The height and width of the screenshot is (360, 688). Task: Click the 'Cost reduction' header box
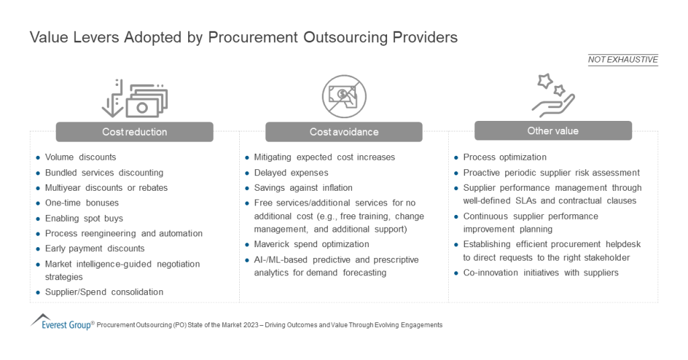pyautogui.click(x=134, y=132)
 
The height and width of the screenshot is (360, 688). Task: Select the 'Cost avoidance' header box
pyautogui.click(x=343, y=132)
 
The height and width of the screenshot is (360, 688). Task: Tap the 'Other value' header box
pyautogui.click(x=552, y=130)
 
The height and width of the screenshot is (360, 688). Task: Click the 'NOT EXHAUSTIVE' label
pyautogui.click(x=623, y=60)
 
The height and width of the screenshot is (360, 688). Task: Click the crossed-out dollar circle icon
pyautogui.click(x=343, y=96)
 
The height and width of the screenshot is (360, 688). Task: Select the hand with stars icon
pyautogui.click(x=552, y=95)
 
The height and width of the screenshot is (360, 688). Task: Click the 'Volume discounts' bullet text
pyautogui.click(x=81, y=157)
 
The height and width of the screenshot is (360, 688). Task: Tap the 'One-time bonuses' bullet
pyautogui.click(x=82, y=203)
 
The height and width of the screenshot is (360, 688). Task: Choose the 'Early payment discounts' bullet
pyautogui.click(x=95, y=249)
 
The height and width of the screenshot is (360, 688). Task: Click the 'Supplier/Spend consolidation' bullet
pyautogui.click(x=104, y=292)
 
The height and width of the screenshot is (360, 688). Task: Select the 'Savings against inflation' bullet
pyautogui.click(x=303, y=187)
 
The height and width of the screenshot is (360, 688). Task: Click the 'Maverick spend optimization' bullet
pyautogui.click(x=311, y=244)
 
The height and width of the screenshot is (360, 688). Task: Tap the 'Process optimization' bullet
pyautogui.click(x=505, y=157)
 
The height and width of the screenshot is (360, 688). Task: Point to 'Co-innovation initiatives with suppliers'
pyautogui.click(x=541, y=273)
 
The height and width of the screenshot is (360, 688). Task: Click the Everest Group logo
pyautogui.click(x=60, y=322)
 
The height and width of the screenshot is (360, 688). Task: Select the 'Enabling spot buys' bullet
pyautogui.click(x=84, y=218)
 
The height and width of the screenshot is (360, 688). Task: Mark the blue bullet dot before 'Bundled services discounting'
pyautogui.click(x=38, y=173)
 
